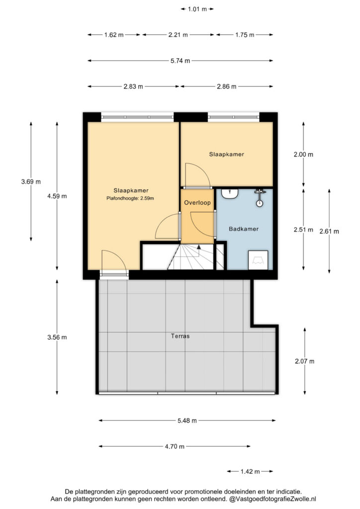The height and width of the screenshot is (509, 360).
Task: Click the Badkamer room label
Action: coord(244,229)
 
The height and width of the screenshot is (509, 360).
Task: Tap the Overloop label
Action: coord(197,203)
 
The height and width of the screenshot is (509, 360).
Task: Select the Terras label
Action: coord(180,336)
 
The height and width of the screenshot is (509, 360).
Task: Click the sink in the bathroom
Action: coord(230,194)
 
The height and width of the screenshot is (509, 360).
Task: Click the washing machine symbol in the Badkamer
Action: coord(258,260)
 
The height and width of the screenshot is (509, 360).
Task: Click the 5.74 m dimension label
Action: coord(180,61)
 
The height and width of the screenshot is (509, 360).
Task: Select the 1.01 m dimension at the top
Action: coord(197,9)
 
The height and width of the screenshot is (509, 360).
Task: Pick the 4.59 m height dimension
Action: coord(57,196)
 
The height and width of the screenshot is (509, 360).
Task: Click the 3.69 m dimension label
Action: coord(31,182)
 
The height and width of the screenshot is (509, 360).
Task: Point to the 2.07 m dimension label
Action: coord(304,361)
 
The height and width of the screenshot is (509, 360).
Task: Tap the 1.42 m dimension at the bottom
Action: coord(250,471)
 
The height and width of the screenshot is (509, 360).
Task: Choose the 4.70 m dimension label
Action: coord(175,446)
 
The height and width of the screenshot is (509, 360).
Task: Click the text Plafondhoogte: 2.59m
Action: coord(130,198)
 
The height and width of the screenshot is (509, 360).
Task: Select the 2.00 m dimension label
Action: coord(303,155)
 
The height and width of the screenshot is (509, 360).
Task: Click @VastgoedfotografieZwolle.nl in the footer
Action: coord(272,499)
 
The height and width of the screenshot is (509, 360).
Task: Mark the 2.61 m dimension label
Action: coord(329,232)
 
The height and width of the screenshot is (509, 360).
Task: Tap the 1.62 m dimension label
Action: coord(114,35)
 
